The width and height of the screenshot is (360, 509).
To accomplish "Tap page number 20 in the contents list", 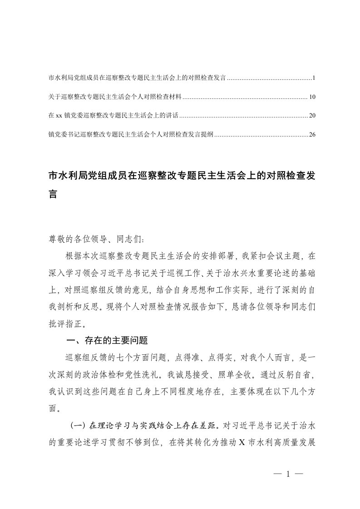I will click(x=312, y=116).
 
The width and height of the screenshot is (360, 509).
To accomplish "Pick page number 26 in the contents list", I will click(x=312, y=134).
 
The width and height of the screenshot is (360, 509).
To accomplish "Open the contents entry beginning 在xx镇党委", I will click(x=113, y=116).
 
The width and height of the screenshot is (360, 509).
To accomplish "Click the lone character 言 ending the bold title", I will click(x=53, y=194).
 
